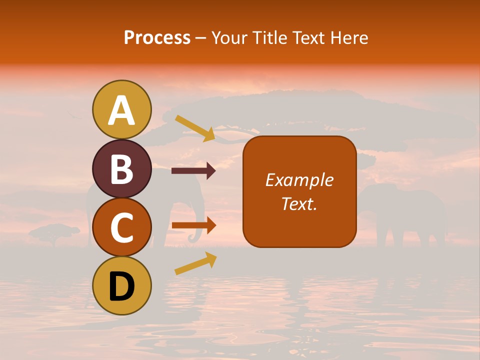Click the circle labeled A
[121, 109]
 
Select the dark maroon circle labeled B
[121, 168]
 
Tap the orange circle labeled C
[121, 227]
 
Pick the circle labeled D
[121, 285]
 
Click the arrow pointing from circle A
[195, 128]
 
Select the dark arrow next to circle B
[193, 171]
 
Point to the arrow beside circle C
[193, 225]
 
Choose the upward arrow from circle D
[195, 263]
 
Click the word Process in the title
[157, 37]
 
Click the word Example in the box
[299, 180]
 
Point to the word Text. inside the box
[299, 204]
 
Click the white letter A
[121, 110]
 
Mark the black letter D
[121, 286]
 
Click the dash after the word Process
[200, 38]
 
